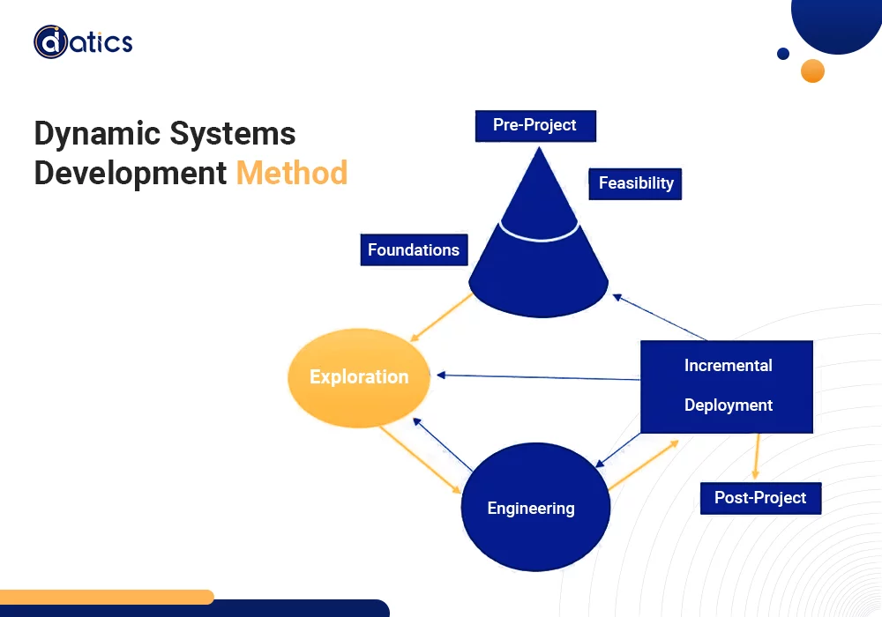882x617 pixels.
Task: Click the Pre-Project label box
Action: pyautogui.click(x=535, y=125)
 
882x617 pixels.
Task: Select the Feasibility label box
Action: pyautogui.click(x=636, y=183)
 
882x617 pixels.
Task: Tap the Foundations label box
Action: pyautogui.click(x=414, y=249)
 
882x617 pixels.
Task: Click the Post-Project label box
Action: pyautogui.click(x=760, y=498)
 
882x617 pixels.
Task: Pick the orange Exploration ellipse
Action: pyautogui.click(x=359, y=377)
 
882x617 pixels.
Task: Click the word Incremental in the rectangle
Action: pyautogui.click(x=728, y=366)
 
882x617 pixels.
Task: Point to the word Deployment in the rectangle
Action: pyautogui.click(x=728, y=405)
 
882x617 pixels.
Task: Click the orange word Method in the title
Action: pyautogui.click(x=292, y=173)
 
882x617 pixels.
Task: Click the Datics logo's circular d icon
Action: pyautogui.click(x=51, y=41)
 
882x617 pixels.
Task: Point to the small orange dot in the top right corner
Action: pyautogui.click(x=812, y=71)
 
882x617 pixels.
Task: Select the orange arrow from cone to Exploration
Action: pyautogui.click(x=445, y=317)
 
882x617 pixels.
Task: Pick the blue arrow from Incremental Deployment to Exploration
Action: pyautogui.click(x=538, y=377)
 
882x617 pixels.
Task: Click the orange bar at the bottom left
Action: pyautogui.click(x=106, y=597)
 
